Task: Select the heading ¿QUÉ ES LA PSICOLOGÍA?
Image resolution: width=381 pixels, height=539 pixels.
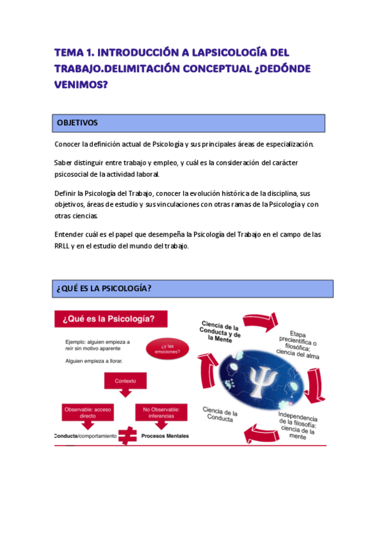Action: pyautogui.click(x=104, y=289)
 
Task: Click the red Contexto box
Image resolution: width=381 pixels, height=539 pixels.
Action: pyautogui.click(x=125, y=381)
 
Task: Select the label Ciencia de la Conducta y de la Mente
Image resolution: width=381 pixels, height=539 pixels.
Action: pyautogui.click(x=220, y=331)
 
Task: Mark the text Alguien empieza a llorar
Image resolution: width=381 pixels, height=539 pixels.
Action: pyautogui.click(x=94, y=360)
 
